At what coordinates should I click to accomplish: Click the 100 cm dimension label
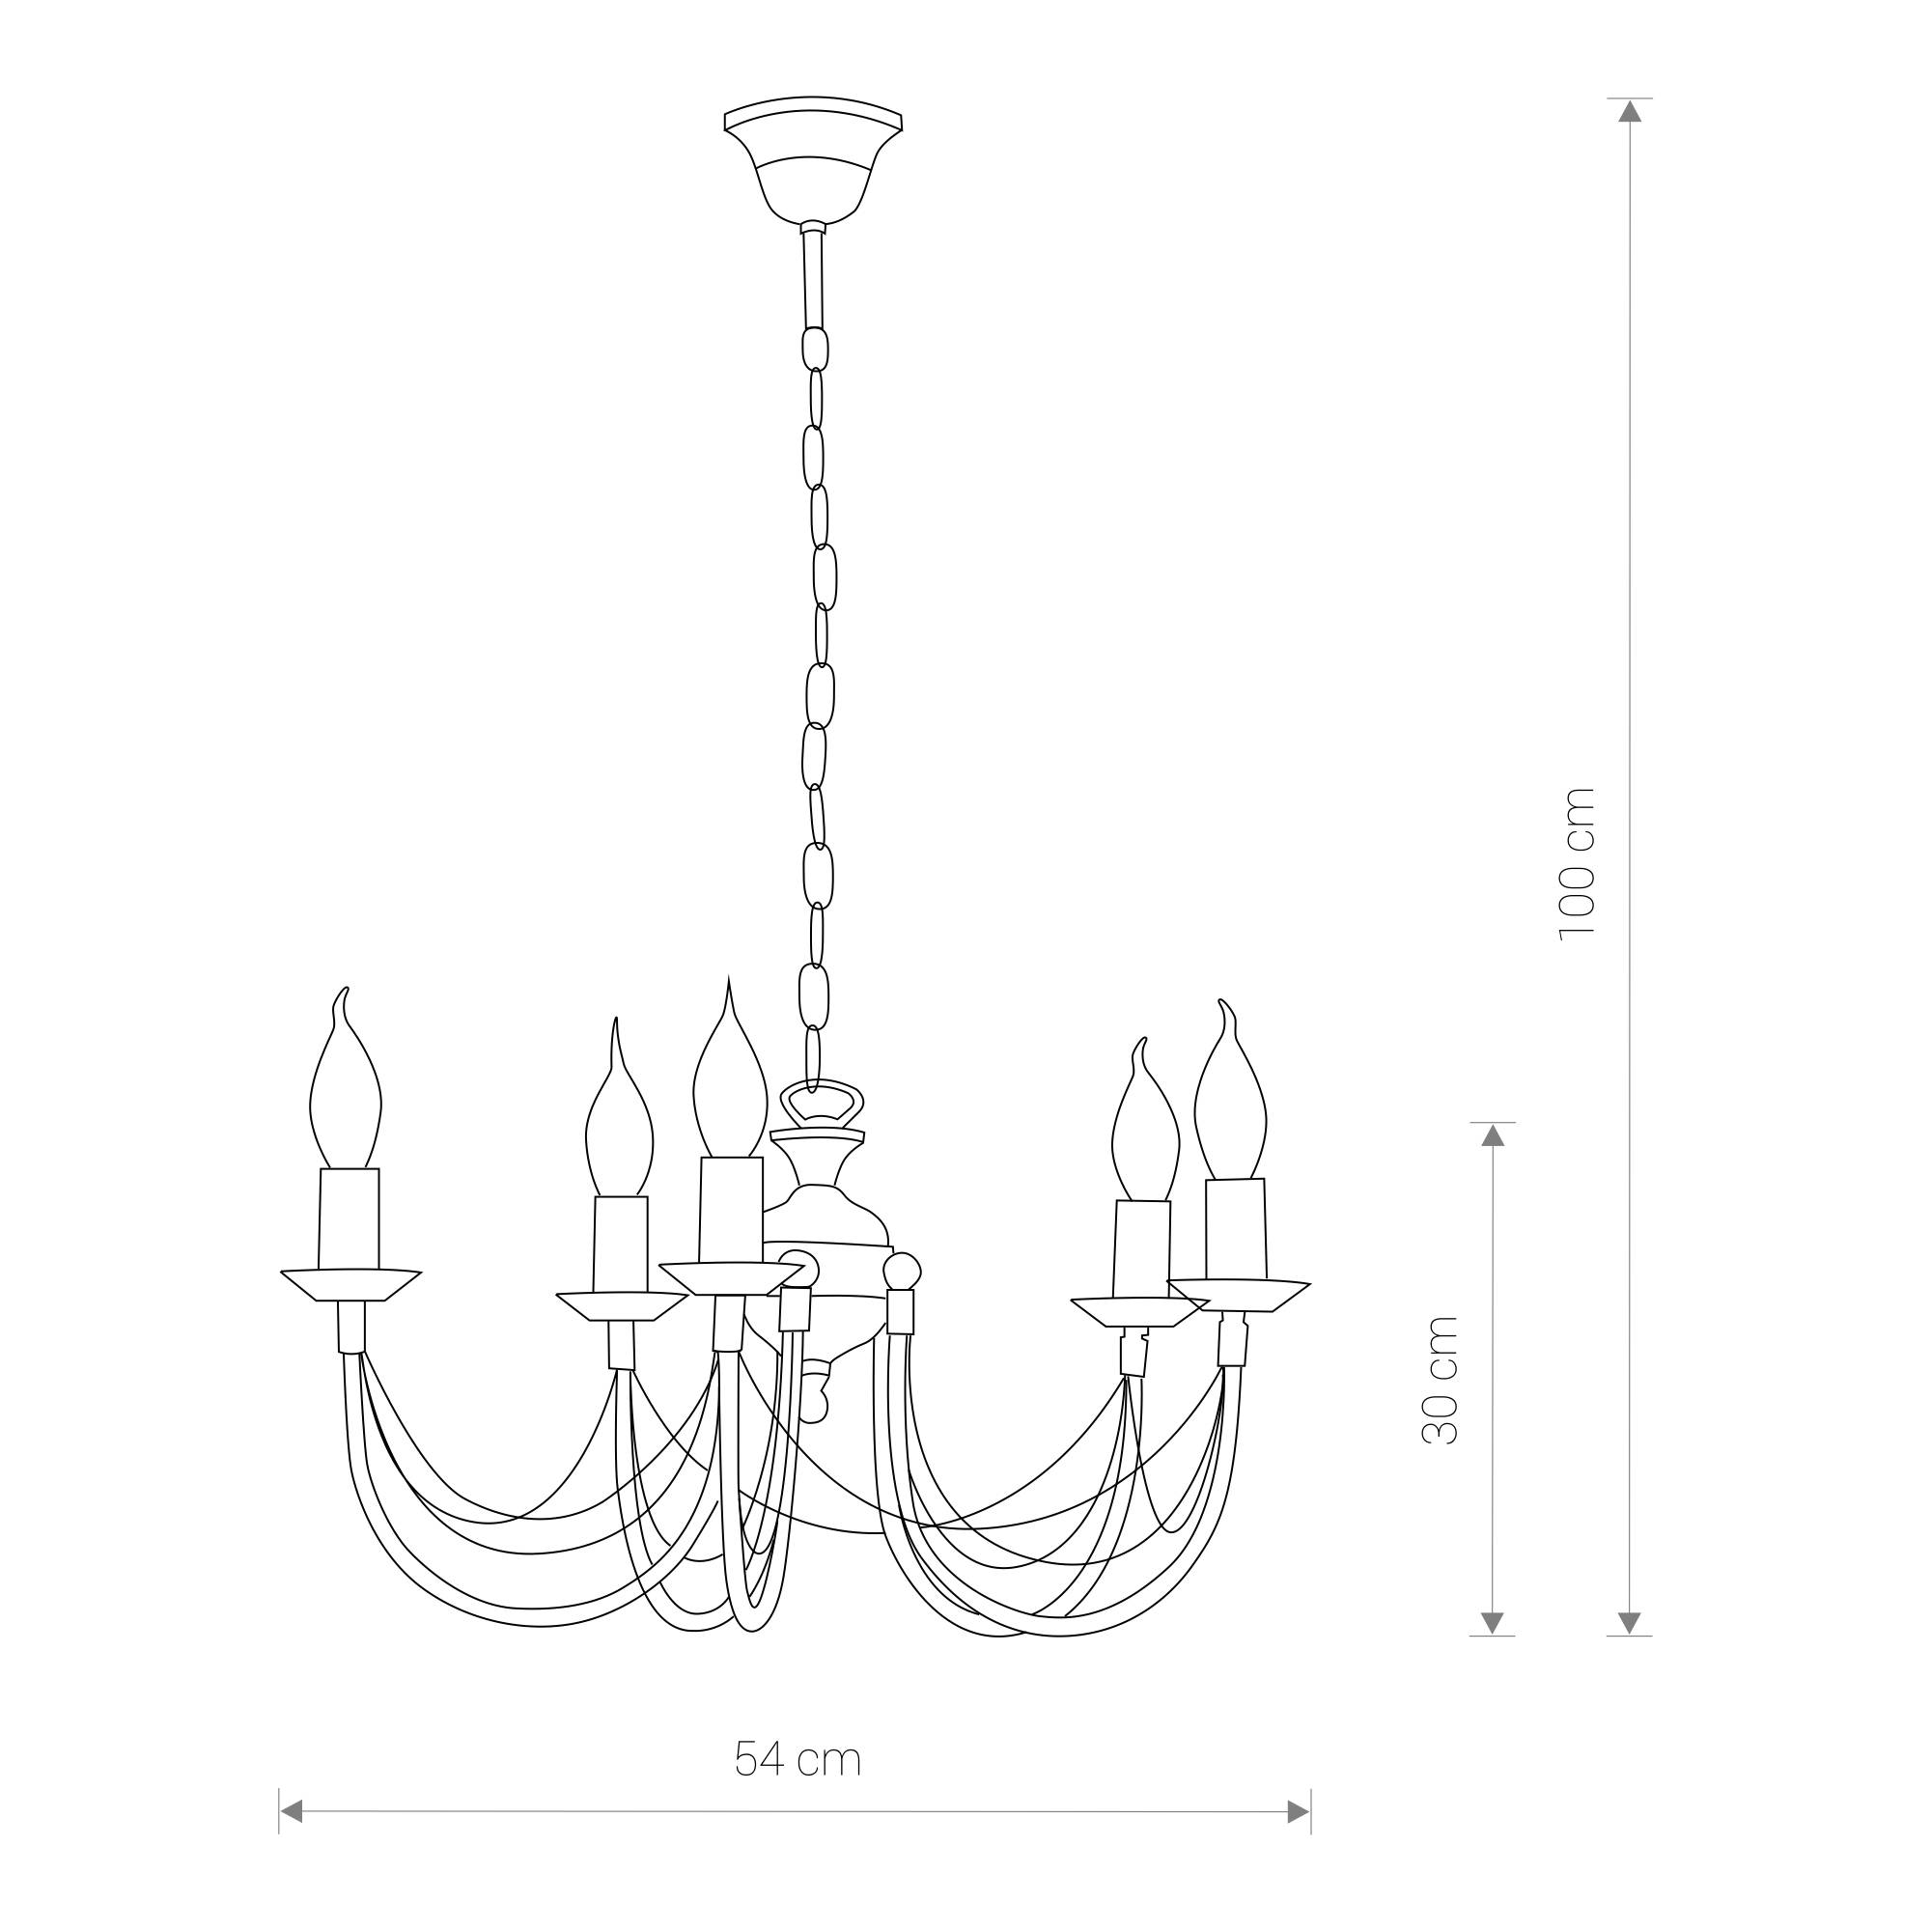tap(1579, 861)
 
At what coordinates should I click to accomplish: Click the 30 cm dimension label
tap(1441, 1381)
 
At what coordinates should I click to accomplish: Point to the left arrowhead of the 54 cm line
tap(291, 1838)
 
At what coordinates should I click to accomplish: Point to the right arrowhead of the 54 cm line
tap(1299, 1839)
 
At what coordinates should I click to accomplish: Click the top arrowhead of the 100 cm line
tap(1630, 110)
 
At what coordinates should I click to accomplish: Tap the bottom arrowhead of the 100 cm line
tap(1630, 1622)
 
